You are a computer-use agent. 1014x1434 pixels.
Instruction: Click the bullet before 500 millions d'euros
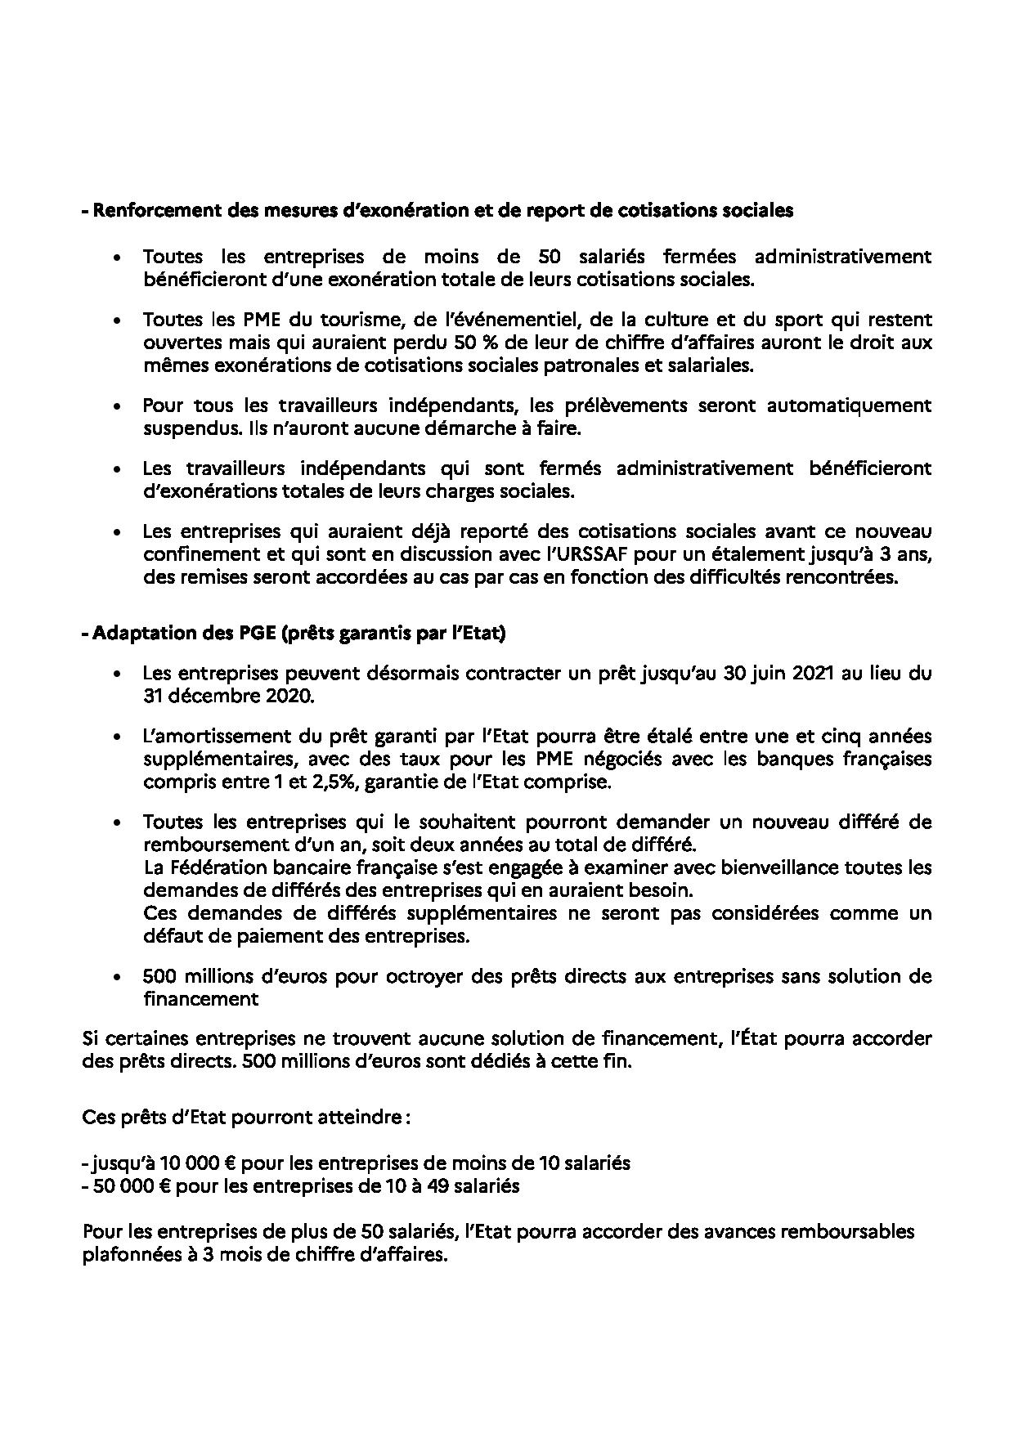(x=119, y=977)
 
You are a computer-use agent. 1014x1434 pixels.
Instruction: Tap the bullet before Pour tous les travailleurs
(x=119, y=406)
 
